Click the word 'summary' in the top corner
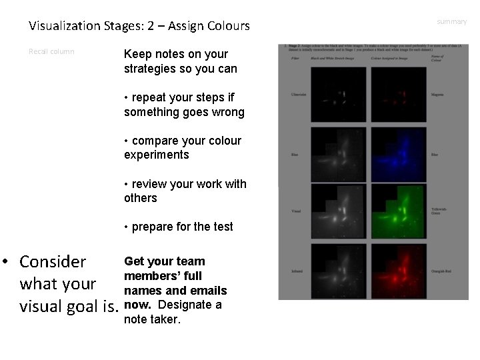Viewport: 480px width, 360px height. click(x=451, y=22)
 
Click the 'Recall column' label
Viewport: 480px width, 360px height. click(x=51, y=51)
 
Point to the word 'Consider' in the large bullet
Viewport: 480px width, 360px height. click(x=53, y=261)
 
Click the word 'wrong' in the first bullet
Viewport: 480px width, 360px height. click(x=227, y=113)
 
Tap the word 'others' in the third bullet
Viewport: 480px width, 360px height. click(x=141, y=198)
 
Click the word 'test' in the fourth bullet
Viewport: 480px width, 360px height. click(x=221, y=227)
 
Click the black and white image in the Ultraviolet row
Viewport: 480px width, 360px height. click(x=340, y=96)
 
